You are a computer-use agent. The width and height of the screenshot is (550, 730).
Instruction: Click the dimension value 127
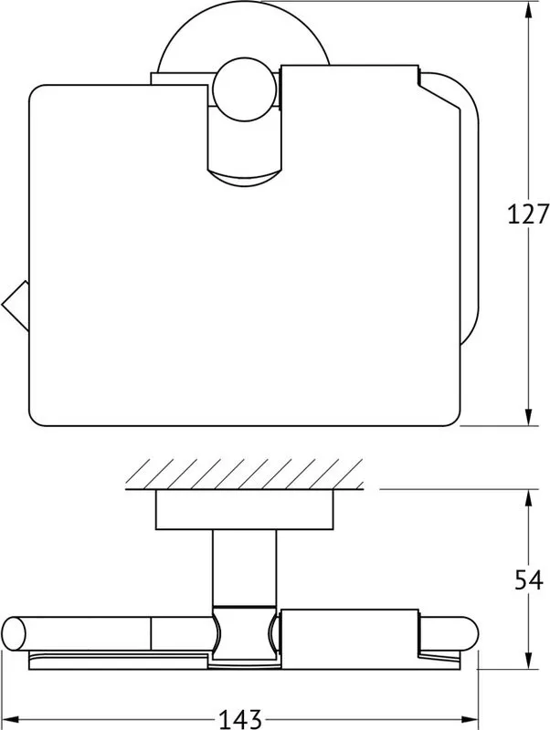[x=528, y=214]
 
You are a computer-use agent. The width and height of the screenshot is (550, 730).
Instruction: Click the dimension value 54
[x=529, y=580]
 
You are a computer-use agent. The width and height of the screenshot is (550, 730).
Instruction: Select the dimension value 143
[x=240, y=719]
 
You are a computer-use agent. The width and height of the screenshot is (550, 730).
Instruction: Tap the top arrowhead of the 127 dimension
[x=528, y=9]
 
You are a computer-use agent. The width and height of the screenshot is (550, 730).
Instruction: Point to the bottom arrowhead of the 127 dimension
[x=528, y=417]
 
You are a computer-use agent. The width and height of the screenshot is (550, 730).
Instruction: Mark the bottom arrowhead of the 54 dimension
[x=528, y=661]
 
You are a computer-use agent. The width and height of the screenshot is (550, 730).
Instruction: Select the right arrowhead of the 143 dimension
[x=470, y=719]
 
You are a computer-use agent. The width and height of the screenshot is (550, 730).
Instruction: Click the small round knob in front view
[x=244, y=89]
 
